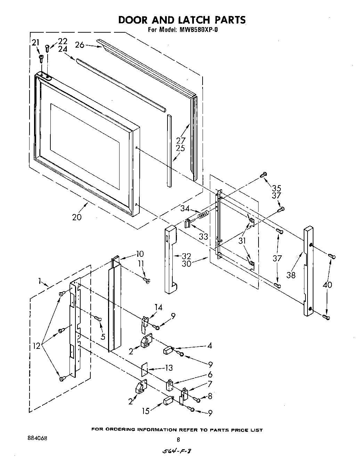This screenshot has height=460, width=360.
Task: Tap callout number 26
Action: [x=80, y=45]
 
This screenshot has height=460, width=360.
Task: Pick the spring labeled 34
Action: [x=203, y=215]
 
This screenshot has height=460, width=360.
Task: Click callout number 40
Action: [x=327, y=285]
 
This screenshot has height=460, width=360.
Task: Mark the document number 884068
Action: [x=37, y=438]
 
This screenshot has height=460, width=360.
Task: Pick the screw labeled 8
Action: [x=197, y=400]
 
